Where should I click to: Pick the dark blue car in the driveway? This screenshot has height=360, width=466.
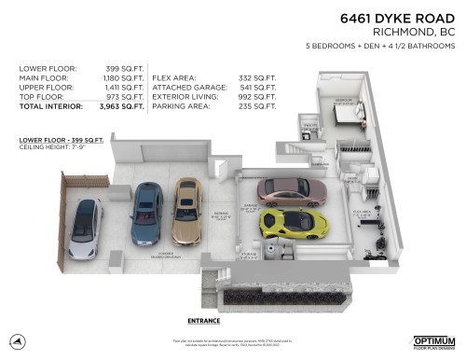[x=147, y=214]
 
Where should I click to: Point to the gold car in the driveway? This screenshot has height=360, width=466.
[x=186, y=210]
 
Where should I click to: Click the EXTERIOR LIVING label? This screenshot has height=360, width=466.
[x=182, y=97]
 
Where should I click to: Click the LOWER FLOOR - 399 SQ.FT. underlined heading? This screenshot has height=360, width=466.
[x=54, y=139]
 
